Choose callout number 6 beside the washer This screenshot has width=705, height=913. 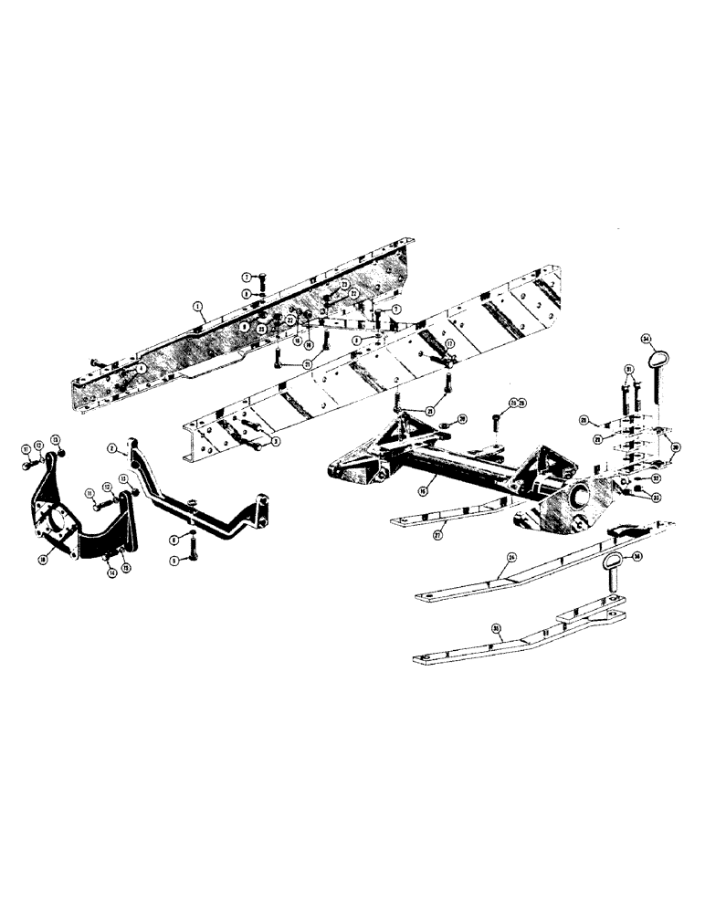coord(174,540)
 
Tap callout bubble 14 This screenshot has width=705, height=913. coord(111,573)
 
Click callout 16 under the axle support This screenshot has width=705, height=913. coord(422,492)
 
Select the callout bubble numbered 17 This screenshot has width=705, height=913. coord(449,344)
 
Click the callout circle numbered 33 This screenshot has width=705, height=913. coord(657,497)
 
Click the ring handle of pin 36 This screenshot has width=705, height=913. coord(613,559)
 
